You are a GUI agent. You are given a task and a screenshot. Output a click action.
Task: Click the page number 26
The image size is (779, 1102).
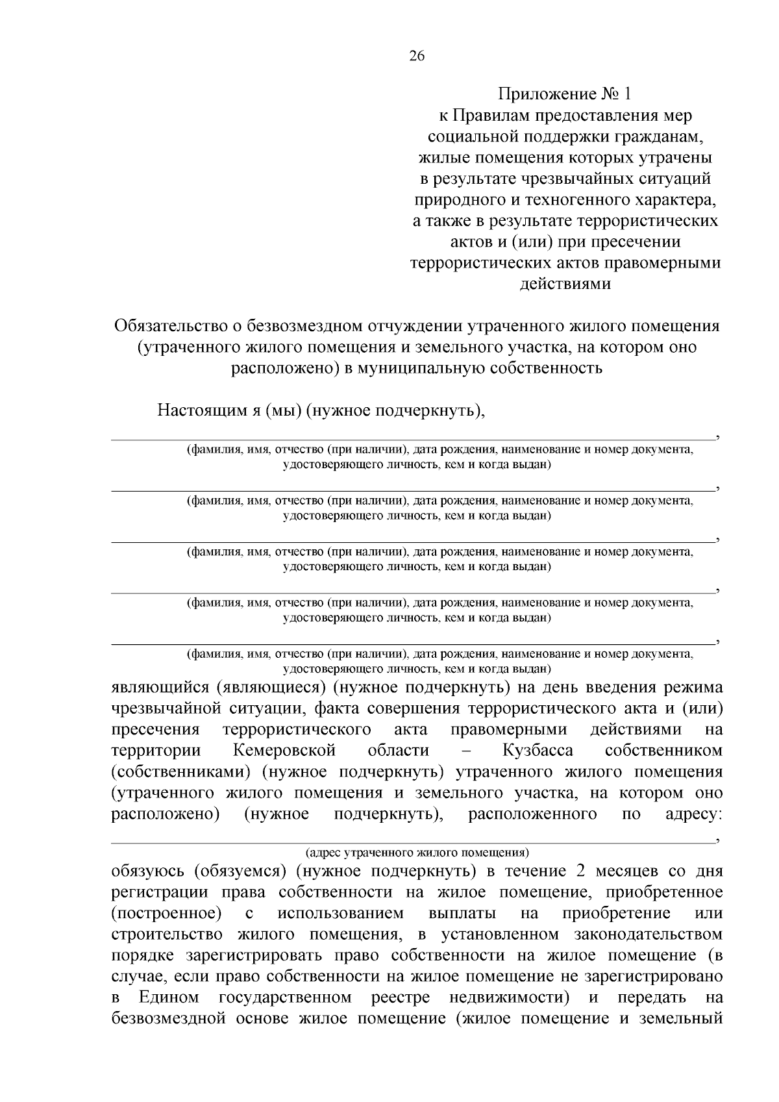tap(416, 56)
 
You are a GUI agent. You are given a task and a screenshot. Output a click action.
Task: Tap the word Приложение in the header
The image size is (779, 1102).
tap(545, 95)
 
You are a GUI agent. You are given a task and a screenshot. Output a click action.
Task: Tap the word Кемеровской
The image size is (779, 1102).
tap(284, 751)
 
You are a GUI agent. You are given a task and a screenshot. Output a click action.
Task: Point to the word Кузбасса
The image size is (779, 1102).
tap(538, 751)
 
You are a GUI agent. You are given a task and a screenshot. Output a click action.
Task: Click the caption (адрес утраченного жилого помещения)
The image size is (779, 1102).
tap(417, 851)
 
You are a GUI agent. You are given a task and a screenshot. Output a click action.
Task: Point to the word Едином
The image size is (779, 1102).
tap(168, 997)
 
